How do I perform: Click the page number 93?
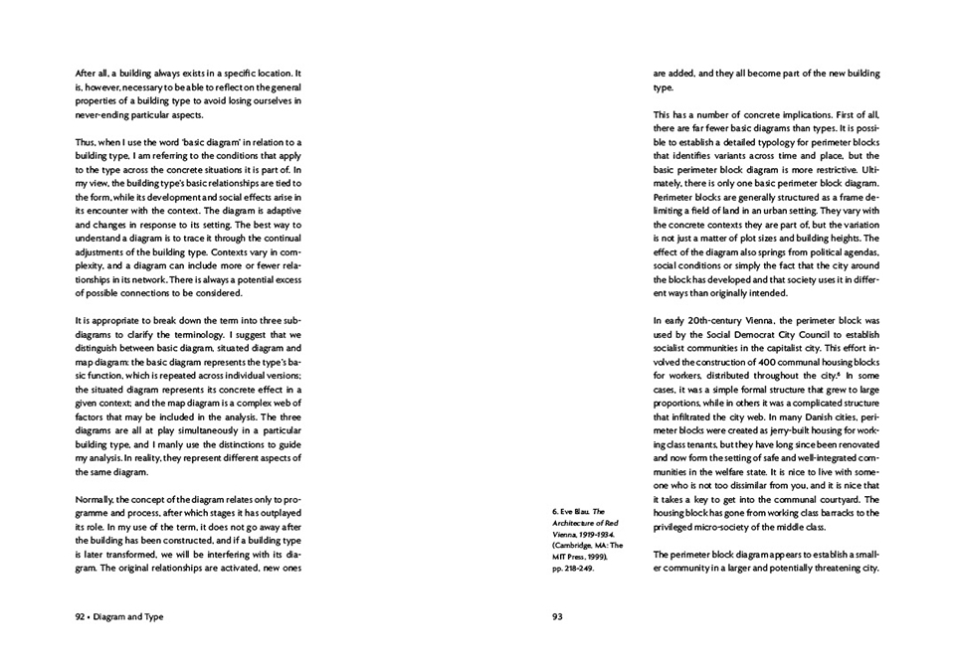point(557,616)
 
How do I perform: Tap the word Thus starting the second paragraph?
point(88,143)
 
